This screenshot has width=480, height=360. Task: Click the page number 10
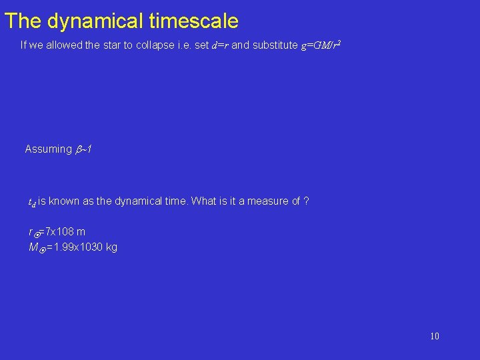click(x=434, y=336)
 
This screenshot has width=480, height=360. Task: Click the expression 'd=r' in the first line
click(x=219, y=45)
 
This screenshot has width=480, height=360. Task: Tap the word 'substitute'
click(x=273, y=45)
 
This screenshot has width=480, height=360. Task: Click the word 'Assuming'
click(x=48, y=149)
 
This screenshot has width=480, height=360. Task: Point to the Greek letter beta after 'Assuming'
click(x=79, y=149)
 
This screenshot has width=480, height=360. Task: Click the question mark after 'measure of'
click(x=305, y=201)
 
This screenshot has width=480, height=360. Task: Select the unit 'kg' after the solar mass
click(x=111, y=247)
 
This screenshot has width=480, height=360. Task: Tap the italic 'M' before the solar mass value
click(x=33, y=247)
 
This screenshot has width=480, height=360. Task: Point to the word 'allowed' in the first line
click(x=63, y=45)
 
